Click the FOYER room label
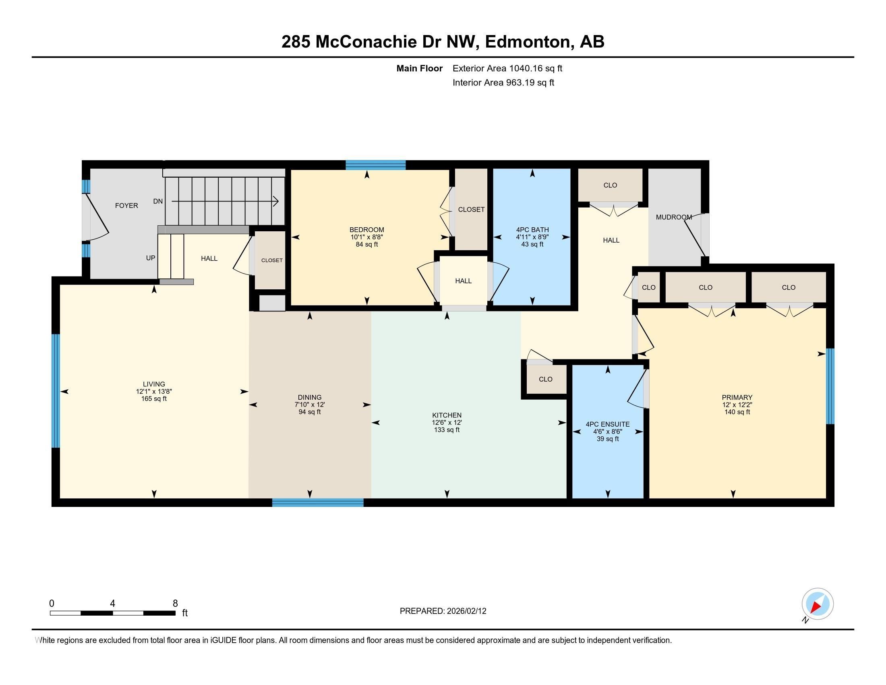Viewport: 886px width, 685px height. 126,206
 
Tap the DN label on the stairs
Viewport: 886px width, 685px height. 158,201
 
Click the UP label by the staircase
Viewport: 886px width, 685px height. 151,258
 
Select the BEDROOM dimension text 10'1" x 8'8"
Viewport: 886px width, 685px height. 367,237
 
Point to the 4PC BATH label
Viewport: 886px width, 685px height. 532,230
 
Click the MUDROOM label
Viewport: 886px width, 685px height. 673,217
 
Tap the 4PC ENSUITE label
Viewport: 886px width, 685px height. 607,424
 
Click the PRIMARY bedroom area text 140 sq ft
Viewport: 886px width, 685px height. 737,412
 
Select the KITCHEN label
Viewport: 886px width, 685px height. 447,415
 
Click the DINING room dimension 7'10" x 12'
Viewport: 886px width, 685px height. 310,405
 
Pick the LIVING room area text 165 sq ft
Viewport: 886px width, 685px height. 154,399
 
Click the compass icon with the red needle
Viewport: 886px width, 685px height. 817,604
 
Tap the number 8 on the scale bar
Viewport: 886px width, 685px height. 175,604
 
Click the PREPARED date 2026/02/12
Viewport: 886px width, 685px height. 466,611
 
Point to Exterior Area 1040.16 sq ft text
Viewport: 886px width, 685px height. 507,68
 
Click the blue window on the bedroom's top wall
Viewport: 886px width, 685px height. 375,164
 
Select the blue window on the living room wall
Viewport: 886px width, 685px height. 56,390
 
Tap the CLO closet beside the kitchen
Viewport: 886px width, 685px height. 545,379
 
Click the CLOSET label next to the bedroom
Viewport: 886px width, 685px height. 471,210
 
